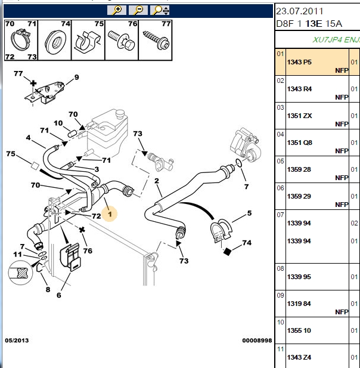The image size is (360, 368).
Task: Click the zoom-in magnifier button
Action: click(x=117, y=10)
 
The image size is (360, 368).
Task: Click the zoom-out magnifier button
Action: click(x=138, y=10)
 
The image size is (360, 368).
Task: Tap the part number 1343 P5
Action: click(x=299, y=62)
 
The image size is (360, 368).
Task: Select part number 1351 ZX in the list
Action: click(x=299, y=116)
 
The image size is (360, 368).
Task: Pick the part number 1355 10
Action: click(x=299, y=330)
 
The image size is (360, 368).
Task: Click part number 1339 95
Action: click(x=299, y=277)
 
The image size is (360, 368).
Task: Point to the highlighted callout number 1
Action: click(x=110, y=214)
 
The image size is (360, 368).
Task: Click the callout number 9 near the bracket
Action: click(x=76, y=77)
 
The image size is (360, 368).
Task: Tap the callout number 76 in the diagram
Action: click(x=88, y=251)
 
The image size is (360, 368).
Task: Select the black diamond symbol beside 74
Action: click(x=227, y=252)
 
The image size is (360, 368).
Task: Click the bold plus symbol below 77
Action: click(x=33, y=84)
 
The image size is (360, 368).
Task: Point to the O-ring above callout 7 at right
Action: click(x=238, y=163)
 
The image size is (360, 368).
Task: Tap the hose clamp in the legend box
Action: click(x=21, y=39)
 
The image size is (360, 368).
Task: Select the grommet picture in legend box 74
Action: click(x=55, y=41)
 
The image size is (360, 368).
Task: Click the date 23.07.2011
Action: click(x=299, y=11)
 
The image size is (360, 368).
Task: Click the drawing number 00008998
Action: click(x=257, y=341)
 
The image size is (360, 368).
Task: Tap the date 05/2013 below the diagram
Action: click(x=17, y=341)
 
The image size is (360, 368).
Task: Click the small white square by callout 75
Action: click(x=35, y=166)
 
